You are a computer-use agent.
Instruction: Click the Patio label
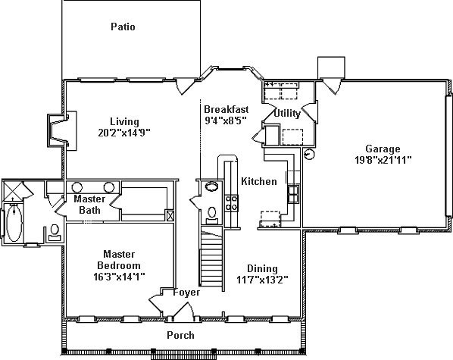123,27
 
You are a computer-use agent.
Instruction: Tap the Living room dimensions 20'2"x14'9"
124,133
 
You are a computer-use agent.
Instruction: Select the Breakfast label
227,109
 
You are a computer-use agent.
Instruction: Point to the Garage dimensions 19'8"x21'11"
383,160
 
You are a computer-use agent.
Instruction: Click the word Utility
287,113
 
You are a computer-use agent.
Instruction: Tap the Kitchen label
259,181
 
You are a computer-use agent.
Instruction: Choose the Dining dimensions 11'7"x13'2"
262,280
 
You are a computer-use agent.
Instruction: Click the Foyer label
186,293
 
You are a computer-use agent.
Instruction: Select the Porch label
180,335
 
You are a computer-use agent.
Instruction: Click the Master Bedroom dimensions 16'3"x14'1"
119,277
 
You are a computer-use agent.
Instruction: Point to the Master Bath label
89,205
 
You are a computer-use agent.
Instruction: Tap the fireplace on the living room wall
62,130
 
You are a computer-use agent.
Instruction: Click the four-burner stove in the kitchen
231,203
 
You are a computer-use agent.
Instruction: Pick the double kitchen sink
293,194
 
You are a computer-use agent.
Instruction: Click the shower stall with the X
12,191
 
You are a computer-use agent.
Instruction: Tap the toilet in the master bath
55,233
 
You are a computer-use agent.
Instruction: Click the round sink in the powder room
213,186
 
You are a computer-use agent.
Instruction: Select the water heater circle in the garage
309,154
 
